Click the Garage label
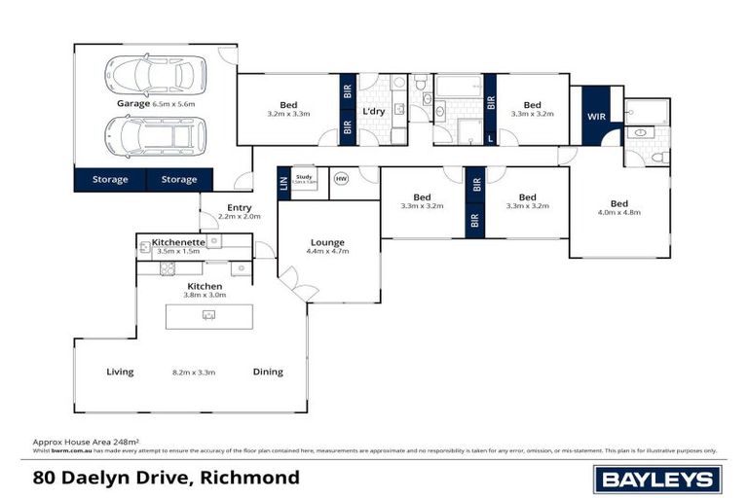coord(133,103)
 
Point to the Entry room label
coord(239,207)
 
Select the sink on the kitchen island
coord(208,315)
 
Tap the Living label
coord(120,372)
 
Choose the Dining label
coord(268,372)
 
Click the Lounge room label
coord(328,242)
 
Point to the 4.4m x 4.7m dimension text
coord(328,252)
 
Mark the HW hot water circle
coord(341,179)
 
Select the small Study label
coord(303,176)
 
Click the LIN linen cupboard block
coord(283,183)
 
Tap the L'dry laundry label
coord(374,112)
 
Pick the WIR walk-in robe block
coord(596,117)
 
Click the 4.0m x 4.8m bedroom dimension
coord(619,213)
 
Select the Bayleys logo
coord(657,479)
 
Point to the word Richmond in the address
coord(252,478)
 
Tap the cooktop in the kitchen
coord(167,268)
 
